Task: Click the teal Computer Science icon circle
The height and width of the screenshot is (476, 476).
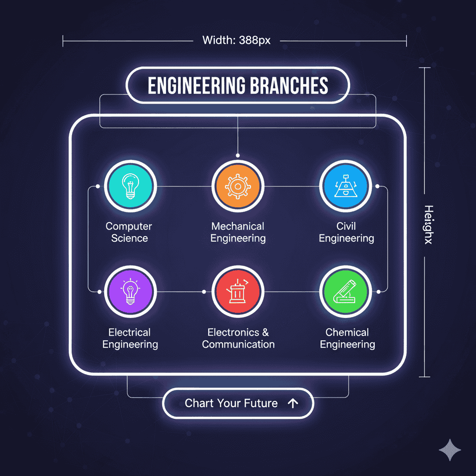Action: (x=130, y=186)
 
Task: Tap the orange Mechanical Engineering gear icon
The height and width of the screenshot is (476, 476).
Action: (x=238, y=186)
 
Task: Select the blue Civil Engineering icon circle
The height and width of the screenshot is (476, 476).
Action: (x=345, y=186)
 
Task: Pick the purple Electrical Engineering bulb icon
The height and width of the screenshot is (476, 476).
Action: (x=130, y=292)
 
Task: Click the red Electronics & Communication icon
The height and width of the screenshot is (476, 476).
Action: (x=238, y=292)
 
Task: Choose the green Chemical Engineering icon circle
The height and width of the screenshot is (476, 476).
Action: (x=345, y=292)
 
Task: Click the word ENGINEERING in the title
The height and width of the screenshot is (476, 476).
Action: (x=195, y=86)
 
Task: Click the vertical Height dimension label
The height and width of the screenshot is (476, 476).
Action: (x=428, y=225)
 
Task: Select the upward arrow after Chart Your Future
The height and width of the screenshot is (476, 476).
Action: (x=292, y=403)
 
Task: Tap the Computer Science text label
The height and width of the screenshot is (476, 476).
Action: (x=129, y=232)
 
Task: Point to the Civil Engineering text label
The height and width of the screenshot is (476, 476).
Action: (x=346, y=232)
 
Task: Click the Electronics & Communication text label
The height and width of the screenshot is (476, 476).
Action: (x=238, y=338)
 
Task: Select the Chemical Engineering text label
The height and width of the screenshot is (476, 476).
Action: (x=347, y=338)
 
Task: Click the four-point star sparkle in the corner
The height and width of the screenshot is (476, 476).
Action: (x=450, y=450)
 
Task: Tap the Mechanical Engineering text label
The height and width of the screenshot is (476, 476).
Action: (x=238, y=232)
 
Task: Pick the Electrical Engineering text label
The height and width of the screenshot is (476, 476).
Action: (x=130, y=338)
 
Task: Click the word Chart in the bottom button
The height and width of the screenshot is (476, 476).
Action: (x=199, y=403)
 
